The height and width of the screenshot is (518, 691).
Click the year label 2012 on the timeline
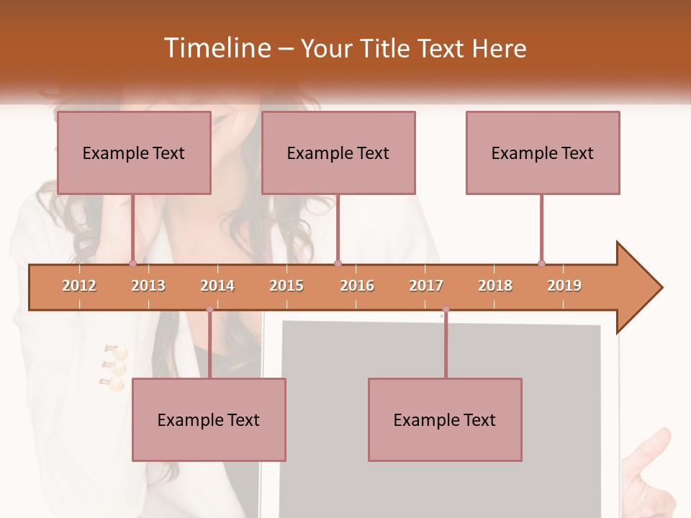(79, 286)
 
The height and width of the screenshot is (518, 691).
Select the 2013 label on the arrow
(148, 286)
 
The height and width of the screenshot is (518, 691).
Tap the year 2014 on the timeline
(217, 286)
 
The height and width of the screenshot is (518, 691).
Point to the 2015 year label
(286, 286)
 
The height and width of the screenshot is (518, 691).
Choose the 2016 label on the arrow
(357, 286)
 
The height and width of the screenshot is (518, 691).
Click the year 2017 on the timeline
(426, 286)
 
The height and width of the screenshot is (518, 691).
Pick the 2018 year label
(495, 286)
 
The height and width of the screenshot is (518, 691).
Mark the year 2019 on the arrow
(564, 286)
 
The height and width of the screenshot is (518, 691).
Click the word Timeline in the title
(216, 48)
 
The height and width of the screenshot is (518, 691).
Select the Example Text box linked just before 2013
(134, 153)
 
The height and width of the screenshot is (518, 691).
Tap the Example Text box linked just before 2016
(338, 153)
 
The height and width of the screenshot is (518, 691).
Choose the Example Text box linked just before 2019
(543, 153)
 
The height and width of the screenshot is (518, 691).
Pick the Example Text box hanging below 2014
(209, 419)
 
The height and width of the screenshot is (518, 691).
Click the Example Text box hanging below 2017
(445, 419)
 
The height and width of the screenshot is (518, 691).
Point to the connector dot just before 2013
(132, 263)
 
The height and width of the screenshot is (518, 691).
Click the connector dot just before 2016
(338, 263)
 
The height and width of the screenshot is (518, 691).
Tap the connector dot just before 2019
(541, 263)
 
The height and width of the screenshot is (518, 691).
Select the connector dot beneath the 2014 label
(209, 309)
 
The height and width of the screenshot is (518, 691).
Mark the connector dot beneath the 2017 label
(446, 309)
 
